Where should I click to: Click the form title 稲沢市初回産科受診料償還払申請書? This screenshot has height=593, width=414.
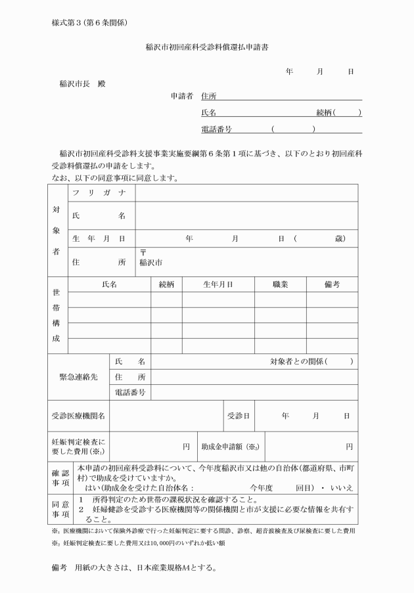207,48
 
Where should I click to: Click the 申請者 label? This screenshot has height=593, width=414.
181,96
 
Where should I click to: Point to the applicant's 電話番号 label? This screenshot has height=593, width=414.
216,129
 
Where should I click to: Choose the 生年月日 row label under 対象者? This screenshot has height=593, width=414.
99,239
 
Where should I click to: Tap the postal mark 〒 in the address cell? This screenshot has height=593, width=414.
143,253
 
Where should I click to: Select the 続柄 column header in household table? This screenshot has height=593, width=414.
167,284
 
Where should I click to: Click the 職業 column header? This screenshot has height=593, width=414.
281,284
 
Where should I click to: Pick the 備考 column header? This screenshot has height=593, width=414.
332,284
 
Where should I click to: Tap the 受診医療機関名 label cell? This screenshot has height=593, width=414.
80,416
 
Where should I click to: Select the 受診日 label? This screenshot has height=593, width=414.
239,416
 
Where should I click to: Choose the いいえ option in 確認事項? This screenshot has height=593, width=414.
343,489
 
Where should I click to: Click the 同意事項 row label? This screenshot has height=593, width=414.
60,509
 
